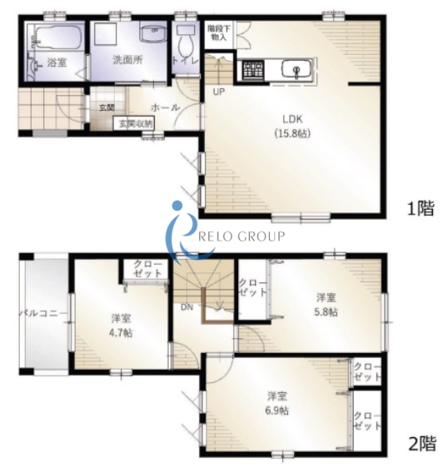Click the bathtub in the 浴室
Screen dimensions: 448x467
coord(57,37)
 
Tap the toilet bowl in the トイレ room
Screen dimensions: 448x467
coord(185,45)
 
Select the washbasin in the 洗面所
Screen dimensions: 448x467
coord(154,33)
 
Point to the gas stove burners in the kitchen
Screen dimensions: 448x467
coord(253,70)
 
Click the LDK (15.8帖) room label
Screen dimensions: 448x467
coord(292,127)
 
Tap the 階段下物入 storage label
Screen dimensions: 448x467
coord(219,32)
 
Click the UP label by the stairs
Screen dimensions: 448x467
coord(219,92)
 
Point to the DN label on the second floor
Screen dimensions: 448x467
coord(187,307)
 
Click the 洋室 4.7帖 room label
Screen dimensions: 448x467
coord(122,325)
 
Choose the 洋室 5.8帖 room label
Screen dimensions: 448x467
coord(326,305)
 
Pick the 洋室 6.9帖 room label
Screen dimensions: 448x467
coord(277,404)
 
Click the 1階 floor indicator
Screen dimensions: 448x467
coord(421,208)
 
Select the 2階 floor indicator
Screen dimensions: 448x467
coord(422,444)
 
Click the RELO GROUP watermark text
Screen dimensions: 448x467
coord(241,236)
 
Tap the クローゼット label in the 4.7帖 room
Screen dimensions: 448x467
coord(147,269)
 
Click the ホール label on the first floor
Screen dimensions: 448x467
coord(165,107)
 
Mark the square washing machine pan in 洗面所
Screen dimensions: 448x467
coord(104,35)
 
